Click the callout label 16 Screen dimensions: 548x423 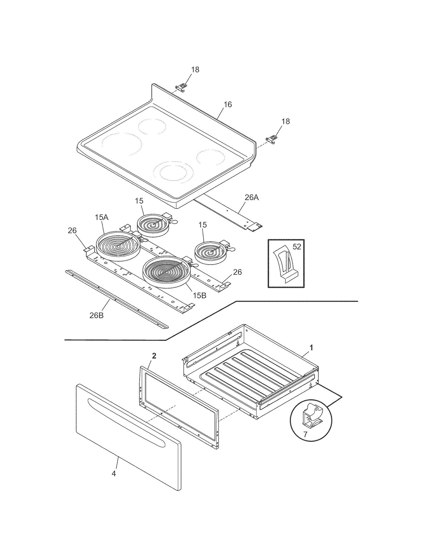pos(228,105)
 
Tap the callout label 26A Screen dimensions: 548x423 pos(251,197)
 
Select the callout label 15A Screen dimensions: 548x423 pos(102,218)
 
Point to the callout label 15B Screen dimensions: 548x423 pos(199,296)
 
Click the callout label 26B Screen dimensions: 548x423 pos(96,315)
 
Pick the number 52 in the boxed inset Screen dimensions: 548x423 pos(297,247)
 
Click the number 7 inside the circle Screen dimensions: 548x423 pos(305,434)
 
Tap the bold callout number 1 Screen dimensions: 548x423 pos(311,347)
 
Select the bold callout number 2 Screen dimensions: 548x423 pos(154,356)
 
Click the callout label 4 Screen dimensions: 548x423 pos(114,473)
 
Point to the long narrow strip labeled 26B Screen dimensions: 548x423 pos(116,299)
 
